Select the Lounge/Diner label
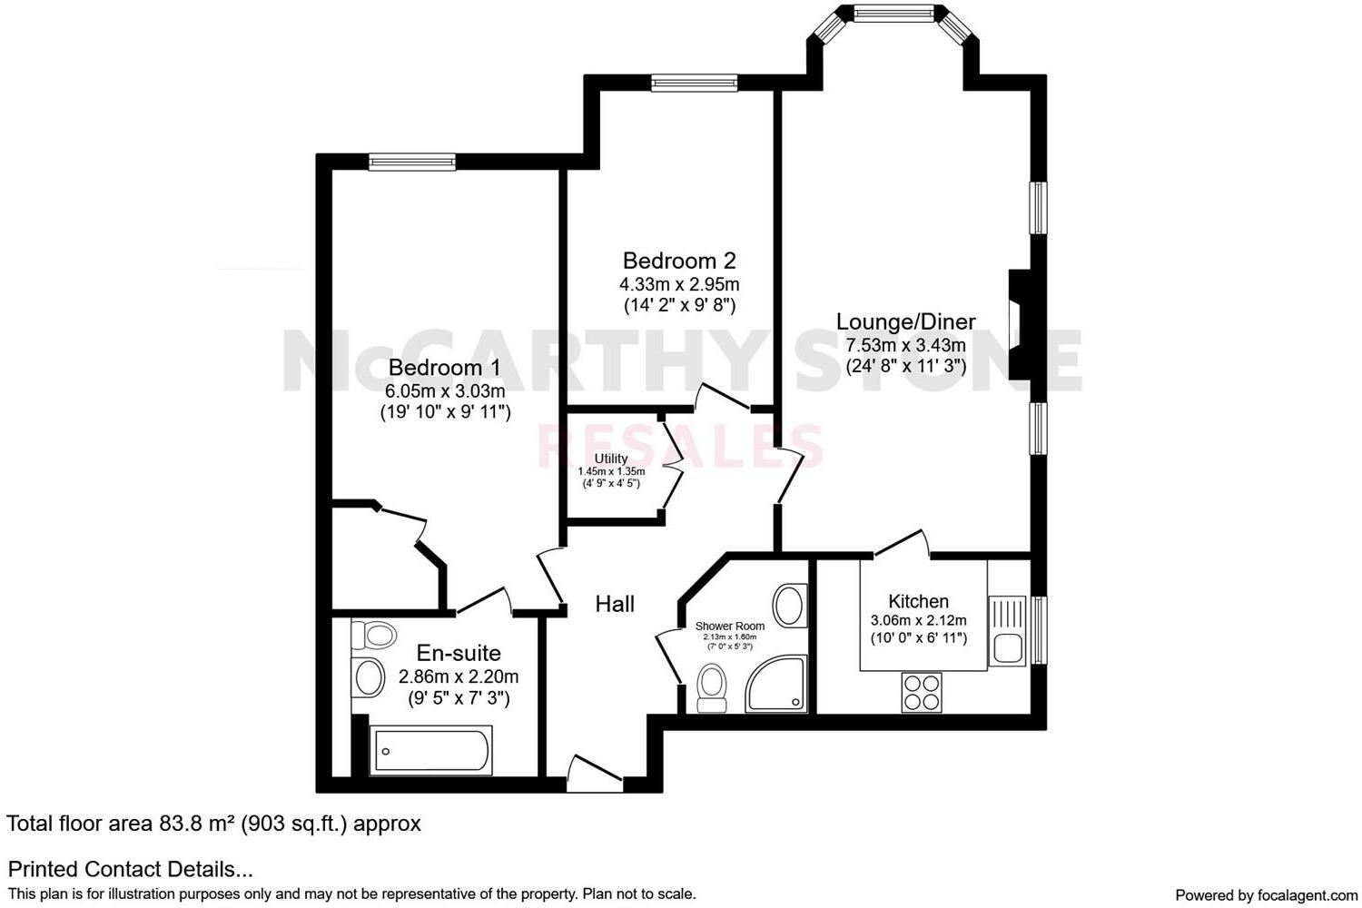(905, 321)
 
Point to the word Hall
(615, 604)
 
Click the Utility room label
(611, 459)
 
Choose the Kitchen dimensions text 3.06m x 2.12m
(918, 621)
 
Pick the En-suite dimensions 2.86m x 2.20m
(459, 676)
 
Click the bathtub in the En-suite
(431, 751)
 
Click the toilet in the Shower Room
(710, 687)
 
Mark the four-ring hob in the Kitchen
(923, 692)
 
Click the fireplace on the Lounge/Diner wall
(1019, 324)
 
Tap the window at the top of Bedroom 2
(694, 84)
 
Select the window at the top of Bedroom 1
(412, 162)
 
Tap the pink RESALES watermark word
(681, 445)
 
